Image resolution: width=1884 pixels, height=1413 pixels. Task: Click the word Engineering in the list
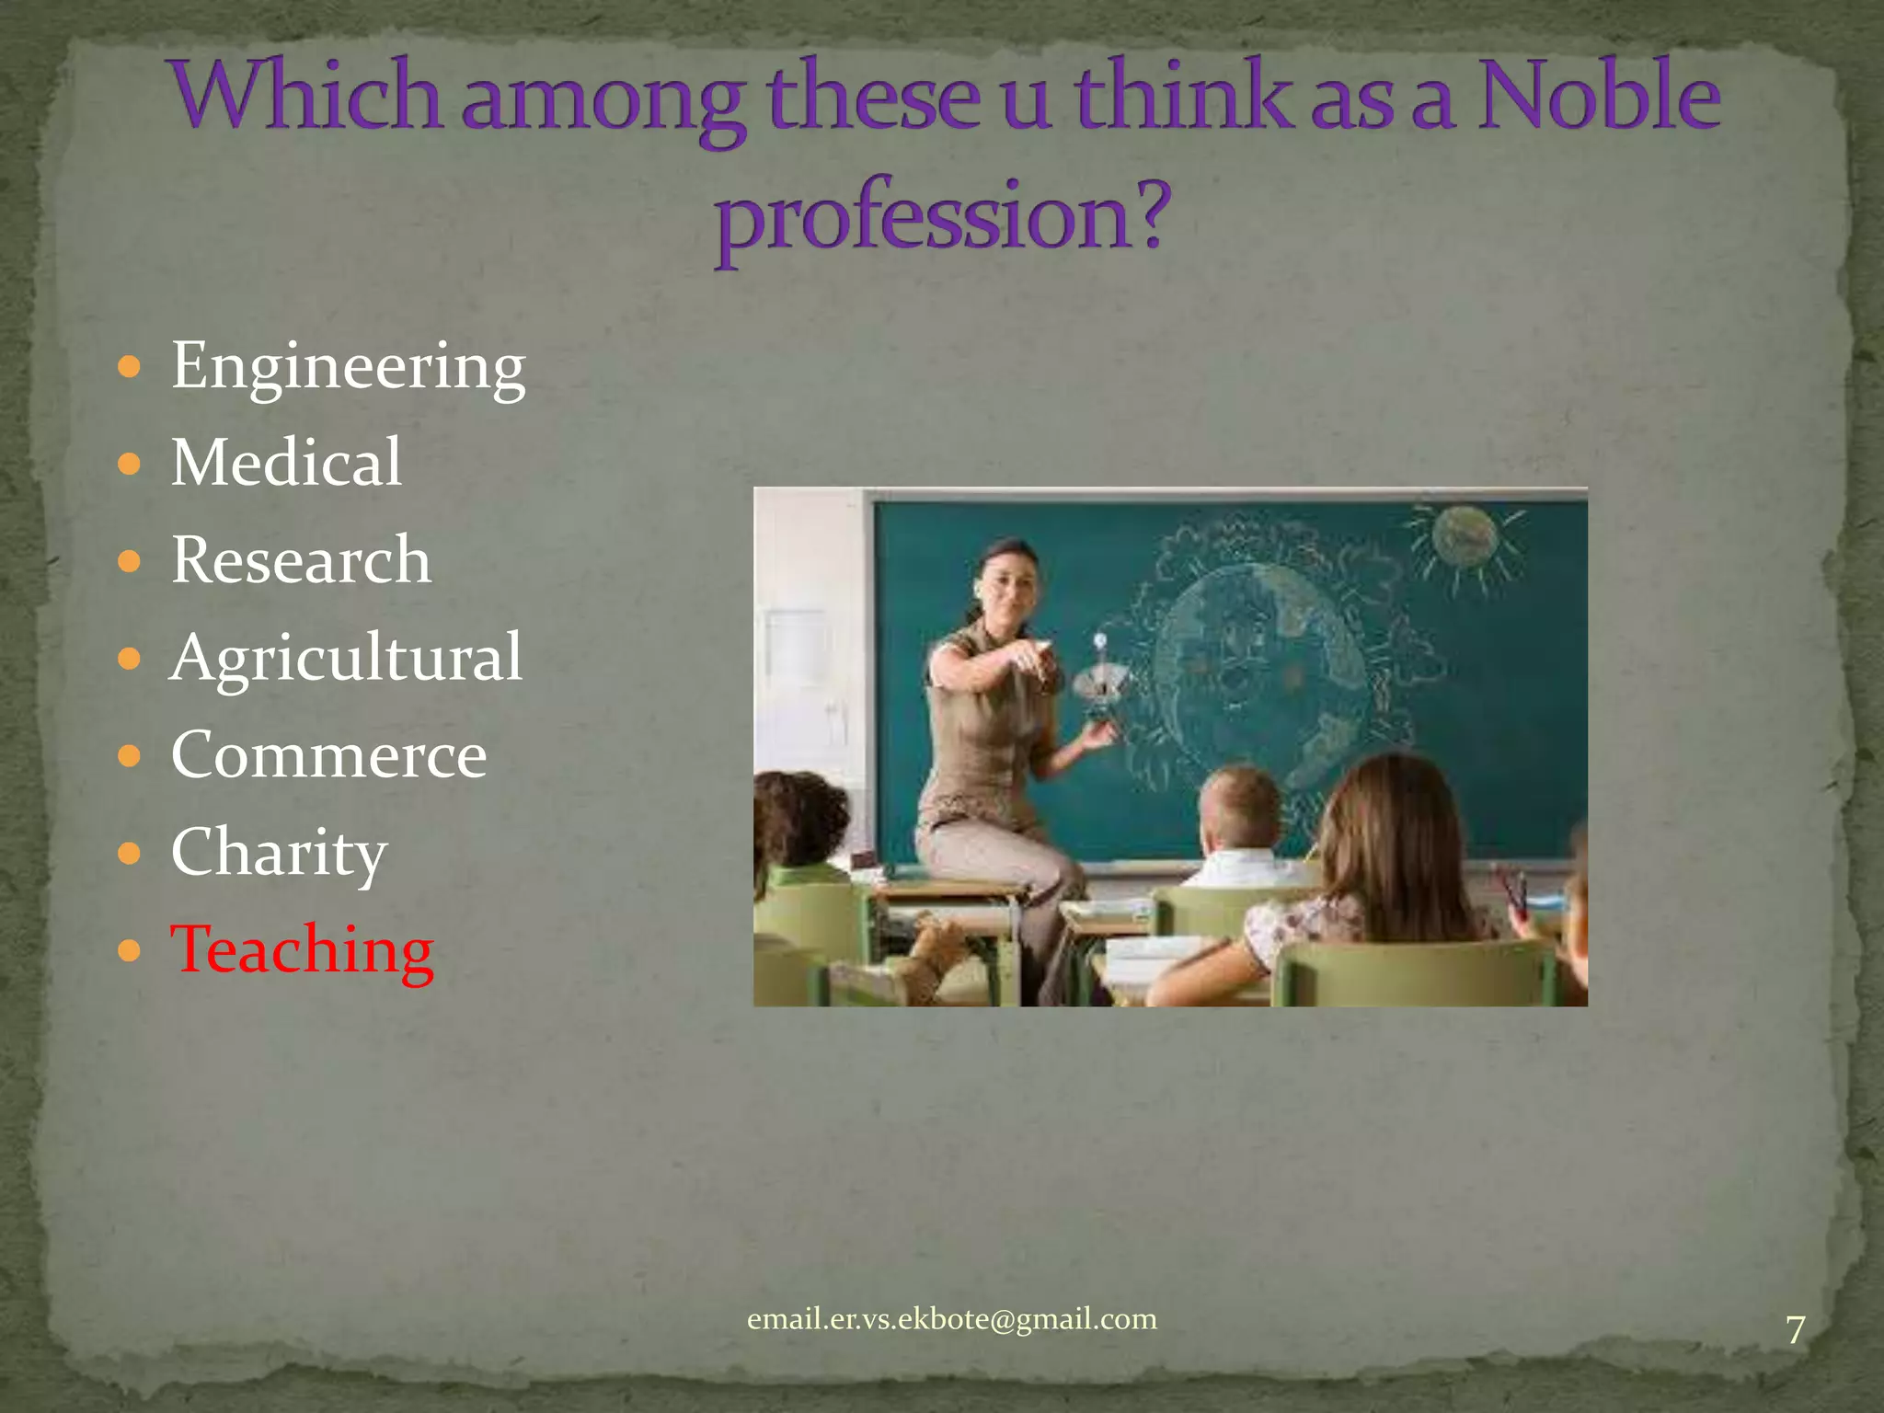pos(348,367)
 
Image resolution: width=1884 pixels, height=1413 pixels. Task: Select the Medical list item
pos(286,462)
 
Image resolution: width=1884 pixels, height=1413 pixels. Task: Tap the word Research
pos(301,559)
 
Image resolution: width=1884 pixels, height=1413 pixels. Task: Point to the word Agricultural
pos(346,658)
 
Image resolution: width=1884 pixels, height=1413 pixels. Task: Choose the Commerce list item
pos(328,755)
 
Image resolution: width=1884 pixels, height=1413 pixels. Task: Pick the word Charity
pos(279,853)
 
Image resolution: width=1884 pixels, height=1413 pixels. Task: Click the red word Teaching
pos(302,949)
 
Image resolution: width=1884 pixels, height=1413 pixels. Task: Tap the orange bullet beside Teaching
pos(130,950)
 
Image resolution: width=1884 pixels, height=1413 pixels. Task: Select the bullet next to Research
pos(130,560)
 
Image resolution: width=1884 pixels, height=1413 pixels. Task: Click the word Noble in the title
pos(1598,98)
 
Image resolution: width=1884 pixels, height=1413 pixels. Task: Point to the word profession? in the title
pos(942,216)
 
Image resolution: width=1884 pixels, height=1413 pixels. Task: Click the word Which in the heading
pos(307,98)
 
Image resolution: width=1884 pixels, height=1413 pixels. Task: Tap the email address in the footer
pos(951,1319)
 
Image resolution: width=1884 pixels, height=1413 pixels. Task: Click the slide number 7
pos(1795,1330)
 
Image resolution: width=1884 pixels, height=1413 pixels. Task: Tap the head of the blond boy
pos(1241,805)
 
